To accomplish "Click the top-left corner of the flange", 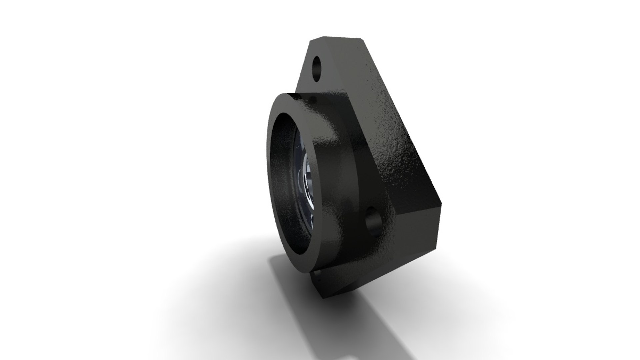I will [x=310, y=41].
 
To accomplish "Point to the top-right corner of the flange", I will [x=362, y=39].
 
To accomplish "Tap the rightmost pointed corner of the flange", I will [x=441, y=204].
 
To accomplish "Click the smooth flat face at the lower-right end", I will [x=420, y=230].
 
